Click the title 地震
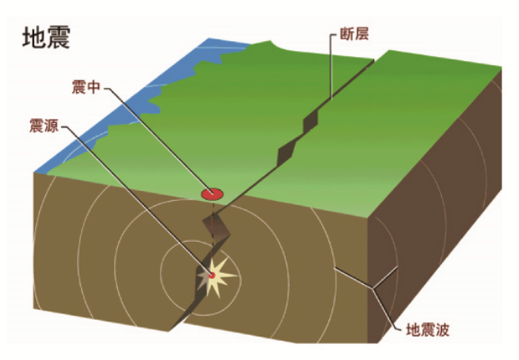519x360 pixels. pos(46,38)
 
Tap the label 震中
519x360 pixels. pos(86,87)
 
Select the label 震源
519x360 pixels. pos(44,126)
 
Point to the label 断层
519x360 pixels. pos(354,34)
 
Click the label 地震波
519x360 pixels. pos(428,330)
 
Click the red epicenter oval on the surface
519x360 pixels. pos(213,194)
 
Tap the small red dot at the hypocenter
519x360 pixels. pos(212,275)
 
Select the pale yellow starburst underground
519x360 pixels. pos(217,276)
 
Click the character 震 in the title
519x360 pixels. pos(59,38)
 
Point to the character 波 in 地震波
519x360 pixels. pos(442,330)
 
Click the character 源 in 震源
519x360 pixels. pos(52,126)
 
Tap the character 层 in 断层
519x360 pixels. pos(362,34)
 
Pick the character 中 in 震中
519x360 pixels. pos(94,87)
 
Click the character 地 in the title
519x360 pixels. pos(34,38)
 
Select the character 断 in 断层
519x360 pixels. pos(347,34)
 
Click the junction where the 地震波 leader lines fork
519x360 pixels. pos(373,289)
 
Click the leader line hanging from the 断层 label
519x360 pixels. pos(331,67)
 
